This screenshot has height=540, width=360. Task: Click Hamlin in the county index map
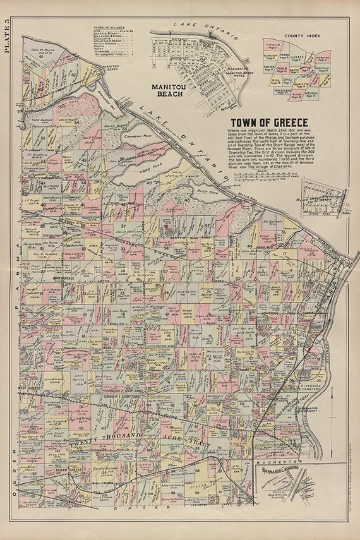[273, 45]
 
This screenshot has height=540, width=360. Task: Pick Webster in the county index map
[321, 58]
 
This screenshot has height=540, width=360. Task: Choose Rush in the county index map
[297, 94]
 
